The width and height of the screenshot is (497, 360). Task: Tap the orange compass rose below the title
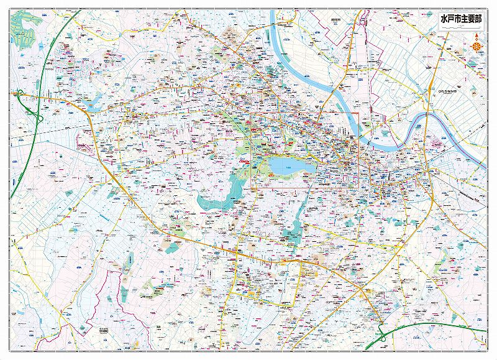coord(476,45)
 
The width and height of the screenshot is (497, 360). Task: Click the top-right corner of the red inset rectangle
coord(359,113)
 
